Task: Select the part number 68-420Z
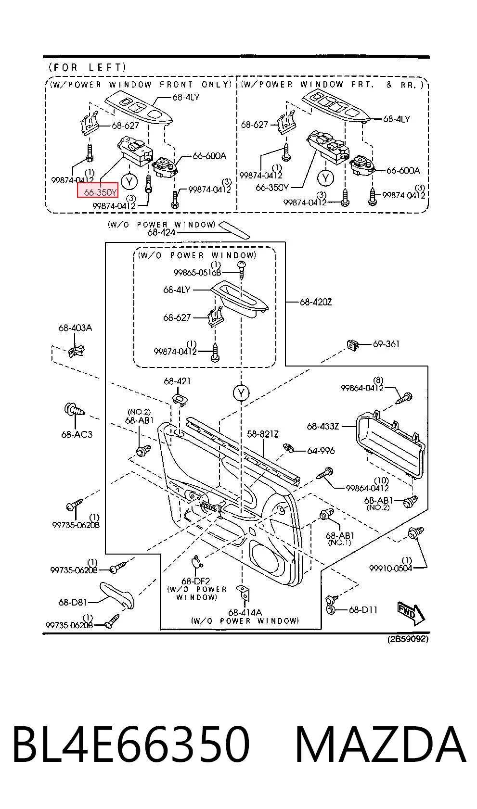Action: tap(315, 302)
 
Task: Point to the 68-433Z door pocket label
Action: tap(322, 427)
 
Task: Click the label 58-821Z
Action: tap(263, 434)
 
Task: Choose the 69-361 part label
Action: tap(386, 344)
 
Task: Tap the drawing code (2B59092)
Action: tap(408, 639)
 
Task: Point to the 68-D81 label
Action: tap(72, 602)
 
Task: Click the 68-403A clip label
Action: tap(75, 328)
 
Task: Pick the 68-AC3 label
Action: tap(77, 434)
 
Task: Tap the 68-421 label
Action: tap(177, 381)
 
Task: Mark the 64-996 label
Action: tap(321, 451)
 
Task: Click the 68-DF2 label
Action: tap(195, 581)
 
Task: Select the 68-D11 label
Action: tap(363, 610)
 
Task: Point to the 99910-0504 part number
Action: tap(390, 568)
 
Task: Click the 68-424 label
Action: tap(161, 232)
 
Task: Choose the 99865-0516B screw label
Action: tap(197, 272)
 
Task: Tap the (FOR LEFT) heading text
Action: tap(88, 67)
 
